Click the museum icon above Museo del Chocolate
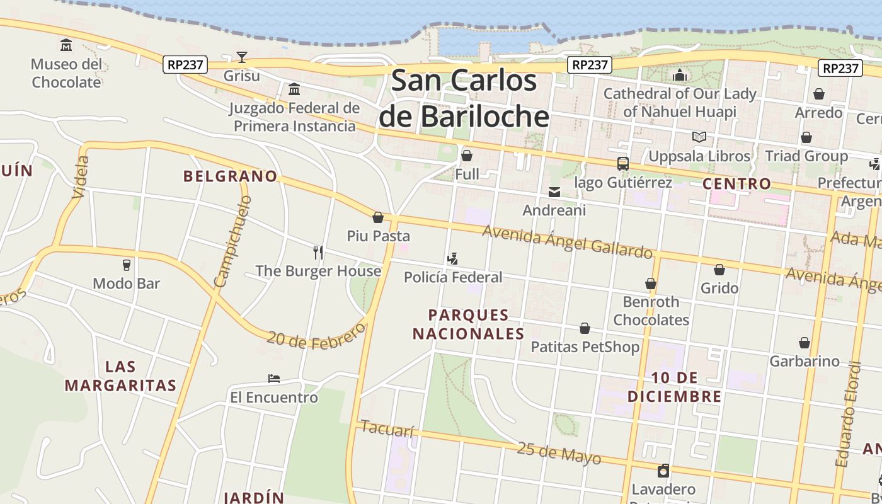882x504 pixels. (66, 45)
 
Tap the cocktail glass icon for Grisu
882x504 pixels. (242, 57)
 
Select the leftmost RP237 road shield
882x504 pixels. (185, 64)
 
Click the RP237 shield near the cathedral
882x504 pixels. (590, 64)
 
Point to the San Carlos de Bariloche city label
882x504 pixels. (464, 98)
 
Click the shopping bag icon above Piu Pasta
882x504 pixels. (378, 217)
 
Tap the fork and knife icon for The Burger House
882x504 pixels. (318, 253)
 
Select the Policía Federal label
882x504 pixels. (453, 277)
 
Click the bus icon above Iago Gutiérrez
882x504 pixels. (622, 164)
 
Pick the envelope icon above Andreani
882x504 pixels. (554, 192)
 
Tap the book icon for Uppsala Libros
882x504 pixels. (699, 137)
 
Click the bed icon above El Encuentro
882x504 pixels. (274, 379)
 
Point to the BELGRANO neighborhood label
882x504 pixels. (231, 176)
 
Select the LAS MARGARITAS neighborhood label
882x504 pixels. (120, 376)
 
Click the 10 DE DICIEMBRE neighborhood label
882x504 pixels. (675, 387)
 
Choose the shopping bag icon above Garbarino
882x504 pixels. (805, 343)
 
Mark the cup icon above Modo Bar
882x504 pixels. (127, 265)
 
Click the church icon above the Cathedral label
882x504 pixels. (679, 76)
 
